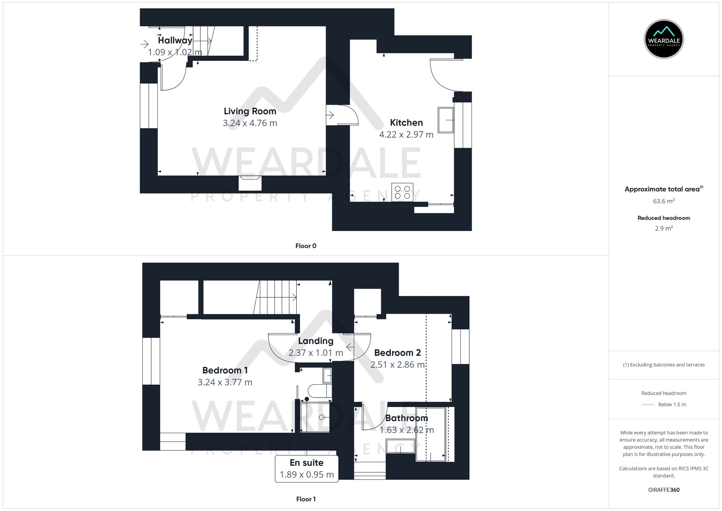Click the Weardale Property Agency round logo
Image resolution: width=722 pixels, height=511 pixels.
point(664,39)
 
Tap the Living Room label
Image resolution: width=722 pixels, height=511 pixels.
point(250,111)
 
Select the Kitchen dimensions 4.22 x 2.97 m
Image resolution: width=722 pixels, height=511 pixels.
point(406,135)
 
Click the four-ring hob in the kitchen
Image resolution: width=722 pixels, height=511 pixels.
point(402,192)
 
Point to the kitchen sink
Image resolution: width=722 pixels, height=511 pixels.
point(445,120)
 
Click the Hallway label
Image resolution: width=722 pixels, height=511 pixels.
point(175,40)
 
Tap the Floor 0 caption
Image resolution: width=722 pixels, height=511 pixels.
point(306,246)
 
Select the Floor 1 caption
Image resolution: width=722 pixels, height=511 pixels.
point(306,499)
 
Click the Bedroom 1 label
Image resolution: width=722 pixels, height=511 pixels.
point(225,370)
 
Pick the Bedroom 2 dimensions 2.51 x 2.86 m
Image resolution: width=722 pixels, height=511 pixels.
point(397,365)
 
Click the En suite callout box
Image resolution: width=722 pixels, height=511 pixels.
point(306,469)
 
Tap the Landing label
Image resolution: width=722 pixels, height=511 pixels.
point(316,341)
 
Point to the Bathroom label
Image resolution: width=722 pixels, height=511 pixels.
point(406,418)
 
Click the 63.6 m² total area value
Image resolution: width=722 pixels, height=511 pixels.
point(664,201)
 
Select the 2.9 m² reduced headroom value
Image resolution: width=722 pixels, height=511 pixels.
point(664,228)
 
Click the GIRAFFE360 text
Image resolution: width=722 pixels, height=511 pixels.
point(664,490)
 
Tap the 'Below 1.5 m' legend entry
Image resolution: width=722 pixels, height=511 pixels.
point(671,404)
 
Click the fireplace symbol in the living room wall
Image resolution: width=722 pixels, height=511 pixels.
point(250,183)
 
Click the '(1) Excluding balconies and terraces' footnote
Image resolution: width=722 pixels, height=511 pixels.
point(664,365)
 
